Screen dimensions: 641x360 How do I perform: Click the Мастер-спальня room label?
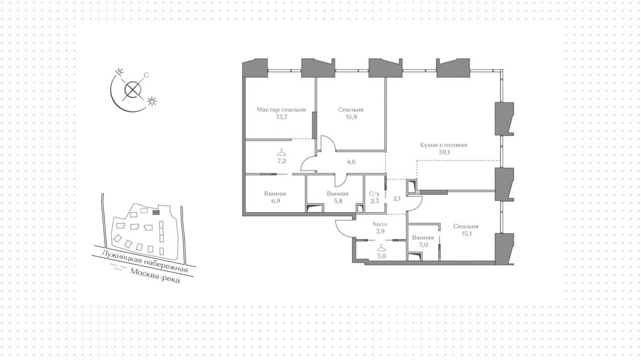(281, 110)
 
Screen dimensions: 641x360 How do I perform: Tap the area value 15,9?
(351, 117)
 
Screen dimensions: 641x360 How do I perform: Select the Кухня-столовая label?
(444, 145)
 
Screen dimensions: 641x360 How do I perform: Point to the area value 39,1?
(444, 152)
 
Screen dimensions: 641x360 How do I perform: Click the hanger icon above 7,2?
(282, 153)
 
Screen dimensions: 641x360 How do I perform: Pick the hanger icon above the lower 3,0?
(381, 248)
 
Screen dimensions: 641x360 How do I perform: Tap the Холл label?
(380, 224)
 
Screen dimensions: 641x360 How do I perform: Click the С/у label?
(374, 194)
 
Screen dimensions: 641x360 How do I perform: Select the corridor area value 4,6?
(351, 162)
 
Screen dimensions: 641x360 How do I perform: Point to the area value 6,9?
(276, 201)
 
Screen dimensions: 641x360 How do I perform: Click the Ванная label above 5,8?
(338, 194)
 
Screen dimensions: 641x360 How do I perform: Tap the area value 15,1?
(467, 234)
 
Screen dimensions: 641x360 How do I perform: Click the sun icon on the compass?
(152, 101)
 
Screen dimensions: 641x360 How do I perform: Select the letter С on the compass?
(146, 75)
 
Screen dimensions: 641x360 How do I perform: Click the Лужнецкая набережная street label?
(145, 261)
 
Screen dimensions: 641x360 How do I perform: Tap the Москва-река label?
(155, 276)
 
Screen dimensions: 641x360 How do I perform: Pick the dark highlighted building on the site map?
(156, 212)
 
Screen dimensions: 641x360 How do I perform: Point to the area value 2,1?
(397, 198)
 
